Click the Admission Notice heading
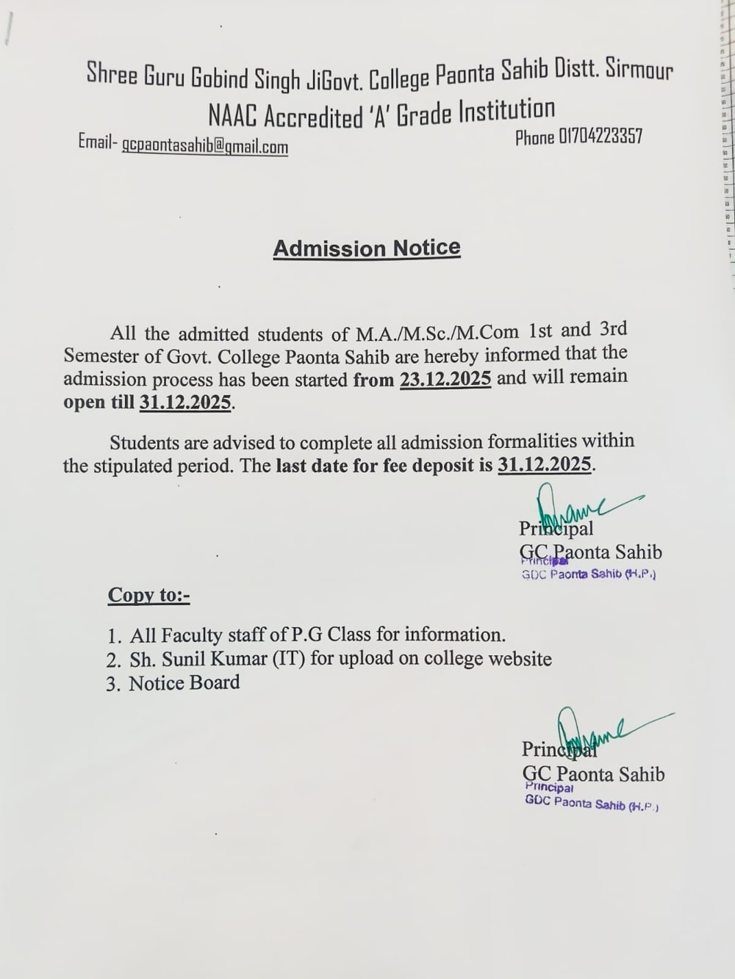coord(367,248)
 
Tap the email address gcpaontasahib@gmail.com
coord(204,145)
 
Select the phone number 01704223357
coord(600,137)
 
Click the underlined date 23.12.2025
coord(445,379)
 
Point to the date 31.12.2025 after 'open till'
coord(185,402)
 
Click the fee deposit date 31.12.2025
coord(544,465)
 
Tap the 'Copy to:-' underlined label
coord(148,595)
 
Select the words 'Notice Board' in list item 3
coord(184,683)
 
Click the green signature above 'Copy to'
coord(581,507)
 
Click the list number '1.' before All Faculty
coord(114,635)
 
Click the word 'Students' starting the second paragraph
coord(144,443)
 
